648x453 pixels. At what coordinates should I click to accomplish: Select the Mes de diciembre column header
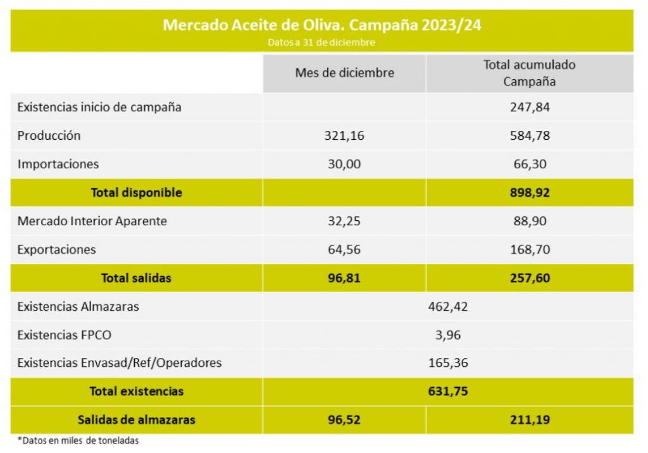coord(344,73)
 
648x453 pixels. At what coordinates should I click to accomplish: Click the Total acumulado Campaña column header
coord(530,73)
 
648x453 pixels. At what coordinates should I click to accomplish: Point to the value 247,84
coord(530,107)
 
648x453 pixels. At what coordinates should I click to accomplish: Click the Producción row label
coord(49,135)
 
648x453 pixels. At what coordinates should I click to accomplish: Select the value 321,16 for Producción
coord(344,135)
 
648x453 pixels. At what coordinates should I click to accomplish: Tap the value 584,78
coord(530,135)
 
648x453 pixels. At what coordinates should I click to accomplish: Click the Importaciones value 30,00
coord(344,164)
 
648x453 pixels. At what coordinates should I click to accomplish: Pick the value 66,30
coord(530,164)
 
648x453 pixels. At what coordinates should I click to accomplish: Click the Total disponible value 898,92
coord(530,192)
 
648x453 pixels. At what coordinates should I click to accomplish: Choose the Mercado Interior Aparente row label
coord(92,221)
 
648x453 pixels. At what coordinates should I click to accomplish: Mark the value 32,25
coord(344,221)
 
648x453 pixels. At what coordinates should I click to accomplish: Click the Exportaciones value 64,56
coord(344,249)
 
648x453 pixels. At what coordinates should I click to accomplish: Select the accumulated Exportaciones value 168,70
coord(530,249)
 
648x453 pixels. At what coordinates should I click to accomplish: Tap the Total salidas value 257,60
coord(530,278)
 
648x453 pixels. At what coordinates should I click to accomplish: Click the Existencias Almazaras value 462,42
coord(448,307)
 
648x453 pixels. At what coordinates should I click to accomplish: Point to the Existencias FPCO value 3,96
coord(448,335)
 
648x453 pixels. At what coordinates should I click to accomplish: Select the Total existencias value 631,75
coord(448,391)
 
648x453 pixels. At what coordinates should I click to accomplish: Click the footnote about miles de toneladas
coord(78,440)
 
